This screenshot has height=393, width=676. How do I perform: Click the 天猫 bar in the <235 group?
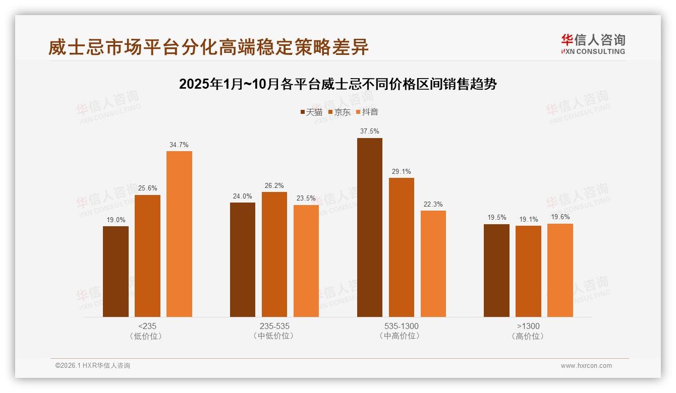pyautogui.click(x=116, y=272)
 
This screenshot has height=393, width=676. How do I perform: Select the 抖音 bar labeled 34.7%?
pyautogui.click(x=179, y=234)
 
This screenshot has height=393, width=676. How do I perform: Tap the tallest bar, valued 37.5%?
pyautogui.click(x=370, y=227)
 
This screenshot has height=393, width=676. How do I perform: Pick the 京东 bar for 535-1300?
pyautogui.click(x=402, y=247)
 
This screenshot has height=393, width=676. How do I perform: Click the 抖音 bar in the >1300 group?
pyautogui.click(x=560, y=270)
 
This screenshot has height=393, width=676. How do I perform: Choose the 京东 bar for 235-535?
pyautogui.click(x=274, y=254)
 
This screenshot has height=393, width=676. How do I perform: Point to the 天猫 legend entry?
pyautogui.click(x=311, y=112)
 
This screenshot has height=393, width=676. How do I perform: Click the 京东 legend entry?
pyautogui.click(x=339, y=112)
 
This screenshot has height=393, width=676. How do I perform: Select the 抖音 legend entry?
pyautogui.click(x=367, y=112)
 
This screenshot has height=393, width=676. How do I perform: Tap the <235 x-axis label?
pyautogui.click(x=147, y=326)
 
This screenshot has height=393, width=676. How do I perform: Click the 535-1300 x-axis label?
pyautogui.click(x=401, y=326)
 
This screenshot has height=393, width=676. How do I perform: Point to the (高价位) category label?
pyautogui.click(x=528, y=336)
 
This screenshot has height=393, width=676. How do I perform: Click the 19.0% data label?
pyautogui.click(x=116, y=220)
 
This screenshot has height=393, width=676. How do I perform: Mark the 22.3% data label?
pyautogui.click(x=433, y=204)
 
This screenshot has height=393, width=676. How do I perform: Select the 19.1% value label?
pyautogui.click(x=528, y=219)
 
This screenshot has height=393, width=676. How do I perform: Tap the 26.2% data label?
pyautogui.click(x=274, y=185)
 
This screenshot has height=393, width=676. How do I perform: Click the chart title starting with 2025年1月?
pyautogui.click(x=337, y=84)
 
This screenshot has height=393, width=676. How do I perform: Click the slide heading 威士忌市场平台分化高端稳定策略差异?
pyautogui.click(x=208, y=47)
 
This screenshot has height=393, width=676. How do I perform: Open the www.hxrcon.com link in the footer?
pyautogui.click(x=586, y=366)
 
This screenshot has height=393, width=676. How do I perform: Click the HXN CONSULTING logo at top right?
pyautogui.click(x=593, y=44)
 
